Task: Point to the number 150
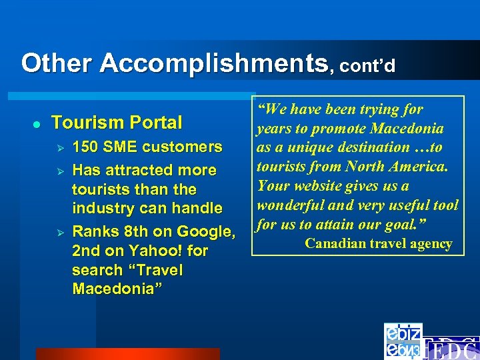point(85,147)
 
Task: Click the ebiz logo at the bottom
point(403,341)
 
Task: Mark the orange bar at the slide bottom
point(127,354)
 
